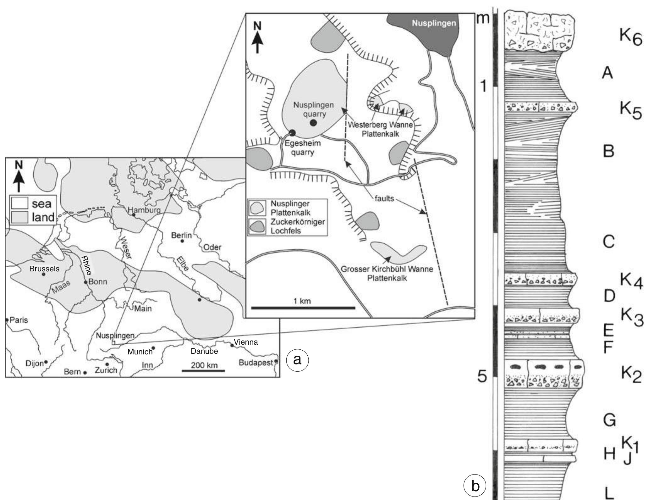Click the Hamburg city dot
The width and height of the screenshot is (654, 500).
(134, 215)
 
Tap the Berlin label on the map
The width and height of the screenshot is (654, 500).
(181, 235)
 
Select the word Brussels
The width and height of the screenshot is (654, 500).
(44, 269)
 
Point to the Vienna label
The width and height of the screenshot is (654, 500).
(246, 342)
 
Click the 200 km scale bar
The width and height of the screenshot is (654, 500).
(203, 371)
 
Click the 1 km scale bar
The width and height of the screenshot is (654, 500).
(303, 308)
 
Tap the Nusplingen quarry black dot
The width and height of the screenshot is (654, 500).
(313, 123)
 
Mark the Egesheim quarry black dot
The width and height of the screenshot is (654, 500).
(292, 133)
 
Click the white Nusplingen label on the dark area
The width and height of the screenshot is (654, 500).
(434, 23)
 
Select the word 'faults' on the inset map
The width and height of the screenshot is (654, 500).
(384, 198)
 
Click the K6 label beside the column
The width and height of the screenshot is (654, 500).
(630, 39)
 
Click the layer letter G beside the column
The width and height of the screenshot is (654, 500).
(609, 420)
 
